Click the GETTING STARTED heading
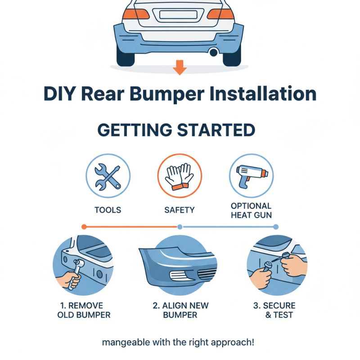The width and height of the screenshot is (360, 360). coord(176,130)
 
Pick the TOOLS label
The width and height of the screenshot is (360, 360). coord(108,210)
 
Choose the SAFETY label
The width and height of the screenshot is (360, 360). coord(179,210)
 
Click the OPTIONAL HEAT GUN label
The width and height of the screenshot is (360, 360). coord(251,210)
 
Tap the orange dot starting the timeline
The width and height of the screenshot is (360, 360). coord(83,226)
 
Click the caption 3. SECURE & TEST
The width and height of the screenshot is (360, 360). coord(275,310)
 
